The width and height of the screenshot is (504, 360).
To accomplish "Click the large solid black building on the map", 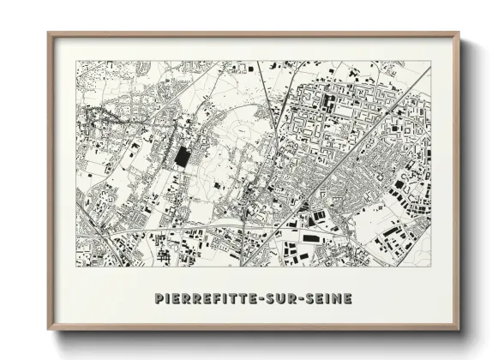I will [x=183, y=158].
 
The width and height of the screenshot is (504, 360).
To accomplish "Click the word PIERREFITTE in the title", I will [x=209, y=298].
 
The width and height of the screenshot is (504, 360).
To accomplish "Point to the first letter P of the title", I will [x=159, y=298].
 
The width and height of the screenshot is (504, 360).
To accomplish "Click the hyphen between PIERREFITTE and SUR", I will [x=270, y=298].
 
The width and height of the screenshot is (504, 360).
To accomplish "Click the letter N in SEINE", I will [x=339, y=298].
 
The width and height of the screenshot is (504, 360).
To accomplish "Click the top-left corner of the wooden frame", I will [x=49, y=33].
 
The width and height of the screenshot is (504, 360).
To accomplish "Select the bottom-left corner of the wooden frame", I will [x=49, y=329].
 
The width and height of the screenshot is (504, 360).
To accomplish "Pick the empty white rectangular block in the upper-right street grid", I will [x=344, y=111].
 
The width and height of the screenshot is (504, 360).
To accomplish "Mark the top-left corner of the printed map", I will [x=76, y=61].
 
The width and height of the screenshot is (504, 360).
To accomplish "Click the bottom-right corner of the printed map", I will [x=431, y=267].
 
